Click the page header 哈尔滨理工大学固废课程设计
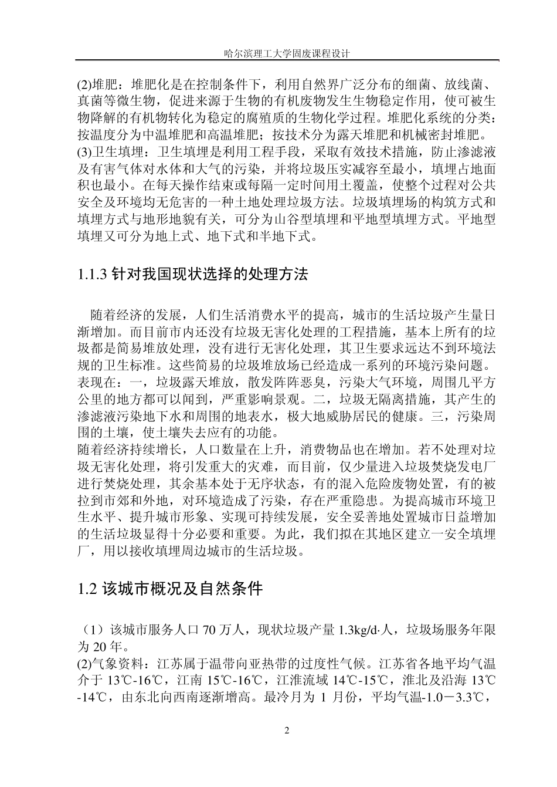pos(287,53)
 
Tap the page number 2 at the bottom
pos(287,731)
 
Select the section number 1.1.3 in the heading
pos(93,274)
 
